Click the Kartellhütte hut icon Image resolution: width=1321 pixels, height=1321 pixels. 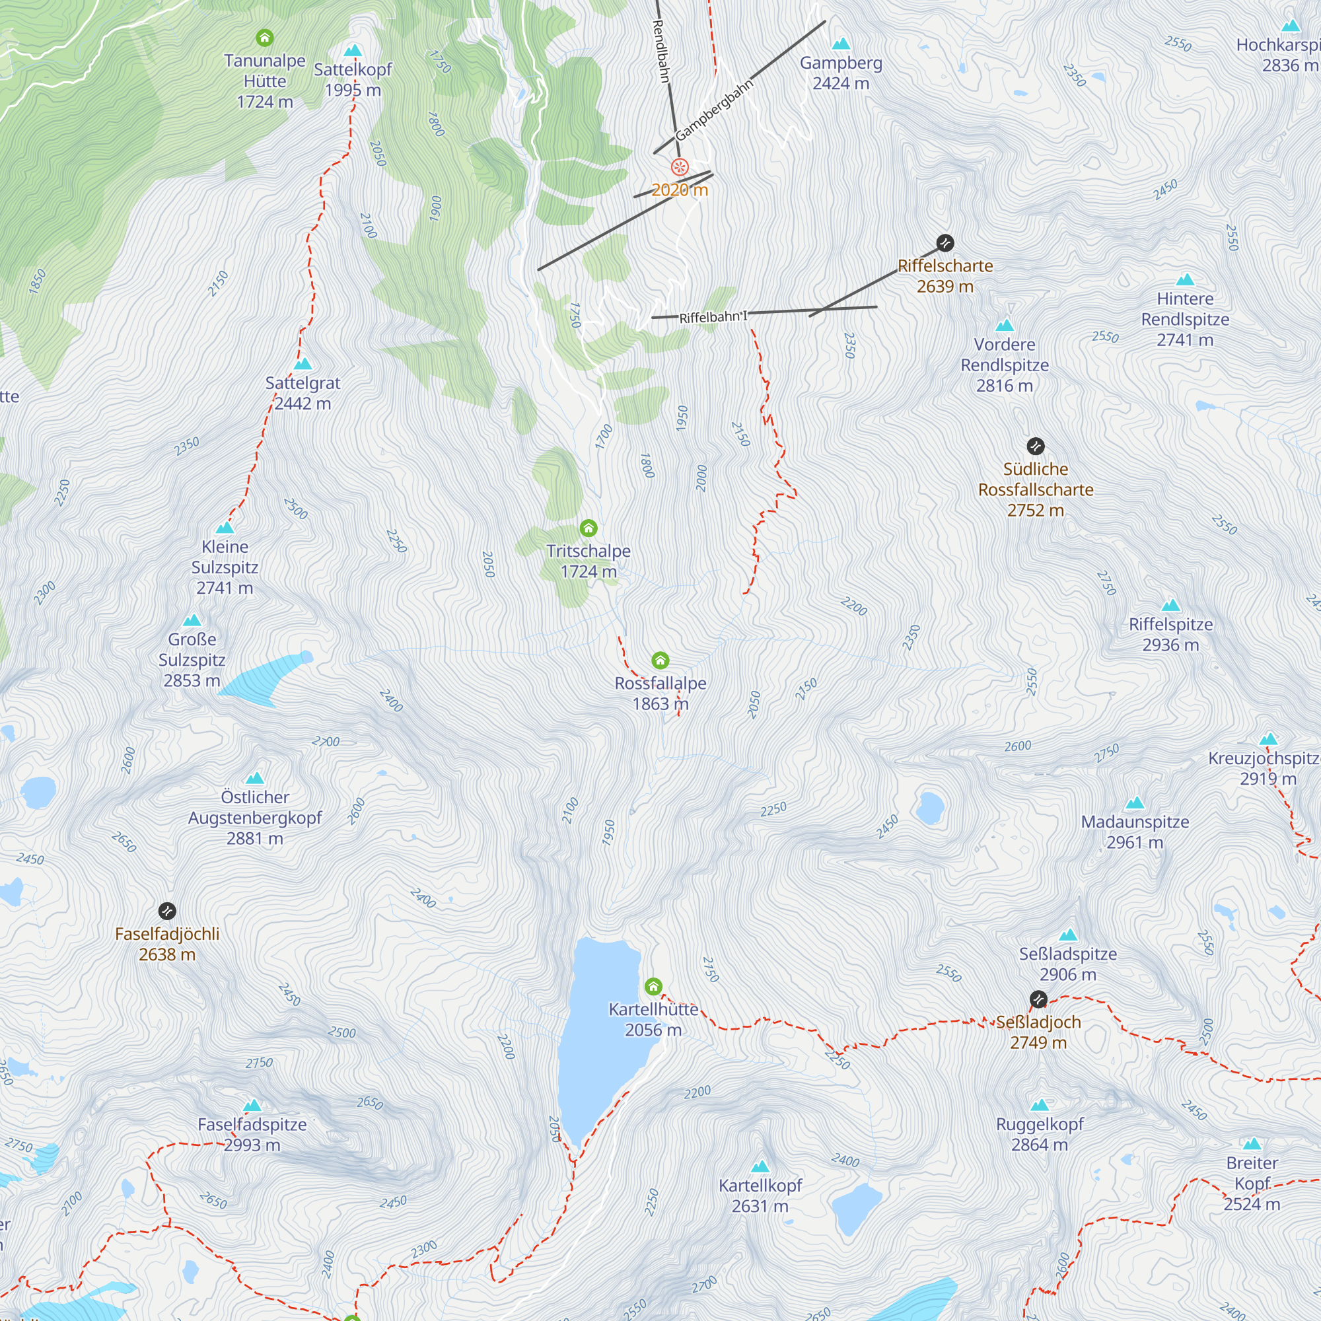coord(653,986)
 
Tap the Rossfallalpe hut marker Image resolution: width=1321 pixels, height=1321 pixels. coord(660,660)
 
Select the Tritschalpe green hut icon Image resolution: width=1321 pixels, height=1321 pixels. coord(588,528)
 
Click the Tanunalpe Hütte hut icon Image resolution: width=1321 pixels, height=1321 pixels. coord(265,38)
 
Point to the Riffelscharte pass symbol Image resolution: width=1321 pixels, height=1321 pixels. coord(945,242)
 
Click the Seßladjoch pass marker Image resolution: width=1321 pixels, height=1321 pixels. coord(1038,999)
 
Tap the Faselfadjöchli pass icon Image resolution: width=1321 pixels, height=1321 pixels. coord(167,911)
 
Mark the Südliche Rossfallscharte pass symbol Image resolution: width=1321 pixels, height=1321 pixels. coord(1035,446)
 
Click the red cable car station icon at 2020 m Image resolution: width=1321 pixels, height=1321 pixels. coord(679,167)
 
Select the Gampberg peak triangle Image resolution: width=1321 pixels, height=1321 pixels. coord(840,44)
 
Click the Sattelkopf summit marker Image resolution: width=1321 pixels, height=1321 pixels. coord(353,52)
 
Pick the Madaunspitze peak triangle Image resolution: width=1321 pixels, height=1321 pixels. coord(1134,803)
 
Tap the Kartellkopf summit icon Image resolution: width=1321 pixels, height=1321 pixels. coord(760,1166)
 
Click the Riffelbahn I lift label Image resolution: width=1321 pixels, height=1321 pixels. coord(713,316)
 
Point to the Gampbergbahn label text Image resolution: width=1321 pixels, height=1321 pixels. coord(714,110)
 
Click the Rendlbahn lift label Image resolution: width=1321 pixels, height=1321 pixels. coord(660,52)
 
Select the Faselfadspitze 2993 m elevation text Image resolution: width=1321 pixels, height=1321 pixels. coord(252,1145)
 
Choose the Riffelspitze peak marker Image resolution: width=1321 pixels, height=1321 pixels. coord(1170,605)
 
